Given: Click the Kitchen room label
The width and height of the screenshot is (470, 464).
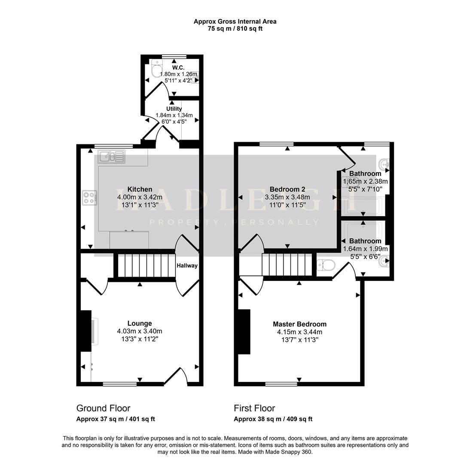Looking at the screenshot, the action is pos(140,189).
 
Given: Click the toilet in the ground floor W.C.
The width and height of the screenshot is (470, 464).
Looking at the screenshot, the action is pos(157,68).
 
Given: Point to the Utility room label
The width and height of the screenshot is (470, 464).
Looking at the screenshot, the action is pos(174,109).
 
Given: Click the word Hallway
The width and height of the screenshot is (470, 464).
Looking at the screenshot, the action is pos(187,266).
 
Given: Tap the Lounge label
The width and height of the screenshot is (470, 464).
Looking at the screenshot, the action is pos(140,324).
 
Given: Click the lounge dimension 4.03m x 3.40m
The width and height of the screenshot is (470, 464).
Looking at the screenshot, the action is pos(140,331).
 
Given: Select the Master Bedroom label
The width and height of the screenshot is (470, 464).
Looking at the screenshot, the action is pos(299,324).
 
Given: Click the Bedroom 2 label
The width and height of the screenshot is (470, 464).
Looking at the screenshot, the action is pos(287,189).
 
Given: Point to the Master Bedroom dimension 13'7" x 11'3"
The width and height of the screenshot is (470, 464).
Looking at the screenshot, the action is pos(299,340).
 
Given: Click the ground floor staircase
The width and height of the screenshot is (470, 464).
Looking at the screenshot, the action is pos(146,266).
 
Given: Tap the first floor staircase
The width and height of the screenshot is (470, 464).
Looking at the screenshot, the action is pos(287,264).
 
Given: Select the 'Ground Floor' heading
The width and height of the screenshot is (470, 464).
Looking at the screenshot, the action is pos(104,408).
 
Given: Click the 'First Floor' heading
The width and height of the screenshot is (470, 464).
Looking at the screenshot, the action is pos(254,408).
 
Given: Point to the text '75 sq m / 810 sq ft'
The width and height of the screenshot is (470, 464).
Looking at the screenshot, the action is pos(235,29).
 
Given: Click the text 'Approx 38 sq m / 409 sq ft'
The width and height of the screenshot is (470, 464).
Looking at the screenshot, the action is pos(273,419).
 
